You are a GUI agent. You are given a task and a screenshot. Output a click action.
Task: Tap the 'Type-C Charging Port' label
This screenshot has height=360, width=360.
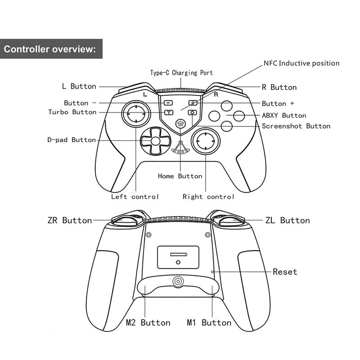[181, 72]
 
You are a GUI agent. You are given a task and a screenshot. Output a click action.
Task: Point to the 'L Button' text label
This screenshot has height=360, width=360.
[79, 86]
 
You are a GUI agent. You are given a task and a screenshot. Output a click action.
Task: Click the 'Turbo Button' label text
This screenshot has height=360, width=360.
[72, 112]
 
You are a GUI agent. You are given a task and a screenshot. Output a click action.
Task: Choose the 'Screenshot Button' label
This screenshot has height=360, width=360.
[296, 126]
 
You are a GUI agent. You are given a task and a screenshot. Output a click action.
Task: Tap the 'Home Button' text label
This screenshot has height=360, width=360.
[180, 176]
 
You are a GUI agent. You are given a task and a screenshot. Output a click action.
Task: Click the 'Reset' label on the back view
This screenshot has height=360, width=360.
[285, 272]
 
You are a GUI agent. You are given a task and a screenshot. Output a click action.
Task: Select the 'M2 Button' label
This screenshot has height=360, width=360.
[148, 323]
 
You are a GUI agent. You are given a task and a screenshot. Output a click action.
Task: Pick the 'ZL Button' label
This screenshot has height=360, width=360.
[288, 220]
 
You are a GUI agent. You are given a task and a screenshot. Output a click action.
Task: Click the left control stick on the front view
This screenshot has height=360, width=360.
[135, 114]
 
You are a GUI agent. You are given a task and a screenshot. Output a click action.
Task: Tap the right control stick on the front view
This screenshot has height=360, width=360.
[205, 142]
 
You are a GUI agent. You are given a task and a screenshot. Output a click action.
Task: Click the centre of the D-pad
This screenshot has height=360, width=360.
[155, 141]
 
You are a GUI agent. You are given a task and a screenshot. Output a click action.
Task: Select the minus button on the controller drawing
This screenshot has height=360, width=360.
[168, 103]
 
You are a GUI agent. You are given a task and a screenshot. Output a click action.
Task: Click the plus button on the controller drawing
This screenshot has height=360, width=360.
[193, 103]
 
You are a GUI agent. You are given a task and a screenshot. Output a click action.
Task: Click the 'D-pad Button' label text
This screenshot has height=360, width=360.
[72, 140]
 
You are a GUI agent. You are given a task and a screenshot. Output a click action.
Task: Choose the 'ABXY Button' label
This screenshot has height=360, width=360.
[284, 116]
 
